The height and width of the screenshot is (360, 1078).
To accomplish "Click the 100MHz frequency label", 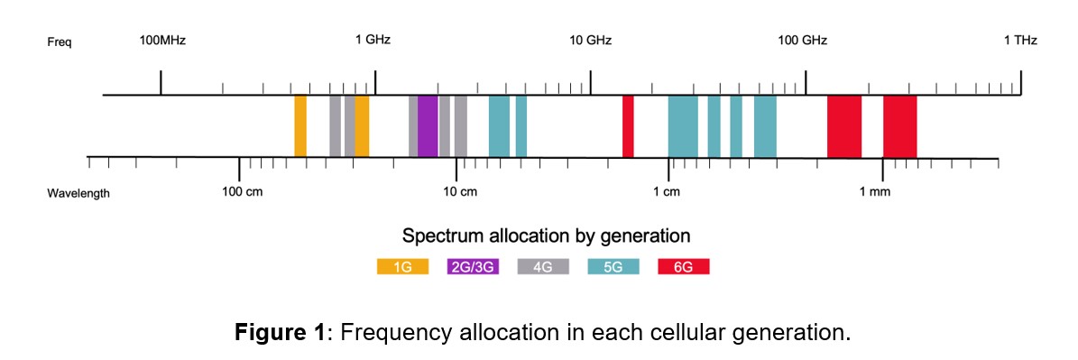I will pyautogui.click(x=162, y=40).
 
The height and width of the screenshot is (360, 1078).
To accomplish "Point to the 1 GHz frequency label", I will pyautogui.click(x=373, y=40).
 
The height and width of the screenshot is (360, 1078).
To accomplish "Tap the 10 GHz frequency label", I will pyautogui.click(x=590, y=40).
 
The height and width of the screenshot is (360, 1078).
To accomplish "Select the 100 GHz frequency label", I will pyautogui.click(x=802, y=40).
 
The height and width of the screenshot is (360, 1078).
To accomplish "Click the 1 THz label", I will pyautogui.click(x=1020, y=40).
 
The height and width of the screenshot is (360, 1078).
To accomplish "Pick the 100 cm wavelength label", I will pyautogui.click(x=242, y=192).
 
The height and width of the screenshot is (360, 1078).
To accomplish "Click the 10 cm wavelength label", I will pyautogui.click(x=460, y=192).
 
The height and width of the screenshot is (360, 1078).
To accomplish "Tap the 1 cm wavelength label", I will pyautogui.click(x=667, y=192).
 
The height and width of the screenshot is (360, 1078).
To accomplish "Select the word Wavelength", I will pyautogui.click(x=78, y=193).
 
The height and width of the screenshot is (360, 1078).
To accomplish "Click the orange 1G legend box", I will pyautogui.click(x=402, y=267).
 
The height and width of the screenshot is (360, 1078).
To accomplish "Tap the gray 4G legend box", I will pyautogui.click(x=543, y=267).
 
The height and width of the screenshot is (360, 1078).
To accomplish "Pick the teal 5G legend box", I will pyautogui.click(x=613, y=267).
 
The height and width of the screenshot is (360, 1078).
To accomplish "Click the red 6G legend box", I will pyautogui.click(x=684, y=267).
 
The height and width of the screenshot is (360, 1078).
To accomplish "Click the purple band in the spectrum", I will pyautogui.click(x=428, y=126).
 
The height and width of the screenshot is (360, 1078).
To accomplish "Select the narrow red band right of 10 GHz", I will pyautogui.click(x=628, y=126).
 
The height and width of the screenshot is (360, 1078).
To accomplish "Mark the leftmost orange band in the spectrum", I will pyautogui.click(x=300, y=126).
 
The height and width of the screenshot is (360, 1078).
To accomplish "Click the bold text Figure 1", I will pyautogui.click(x=280, y=333).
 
